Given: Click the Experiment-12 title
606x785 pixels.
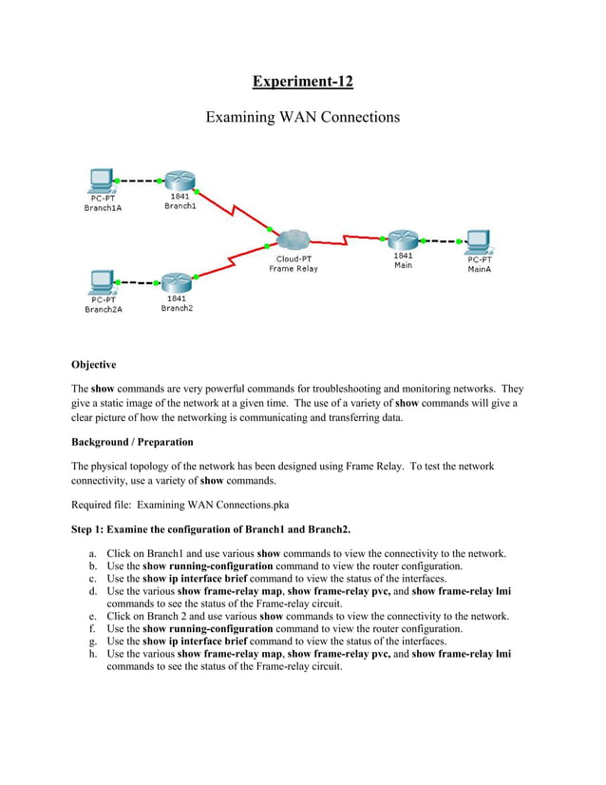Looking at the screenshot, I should click(x=302, y=81).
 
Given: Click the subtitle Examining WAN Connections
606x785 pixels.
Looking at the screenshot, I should click(x=302, y=118).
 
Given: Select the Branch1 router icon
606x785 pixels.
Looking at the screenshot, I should click(x=178, y=182).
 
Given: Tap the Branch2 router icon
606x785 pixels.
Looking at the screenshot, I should click(x=177, y=282).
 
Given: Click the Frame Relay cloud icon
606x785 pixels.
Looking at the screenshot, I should click(x=295, y=239).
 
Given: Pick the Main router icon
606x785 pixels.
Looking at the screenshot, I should click(x=403, y=239).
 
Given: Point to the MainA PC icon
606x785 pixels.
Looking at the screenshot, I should click(x=478, y=241).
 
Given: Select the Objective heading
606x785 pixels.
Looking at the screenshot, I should click(x=93, y=365).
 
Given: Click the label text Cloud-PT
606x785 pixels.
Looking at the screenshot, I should click(x=294, y=258).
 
